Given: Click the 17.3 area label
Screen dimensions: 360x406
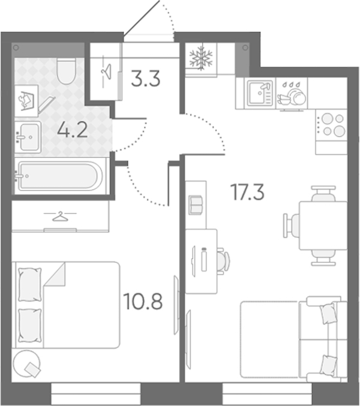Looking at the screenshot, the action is (248, 192).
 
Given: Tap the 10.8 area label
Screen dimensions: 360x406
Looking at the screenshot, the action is (143, 301).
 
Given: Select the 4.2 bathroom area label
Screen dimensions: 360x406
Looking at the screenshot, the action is (73, 130).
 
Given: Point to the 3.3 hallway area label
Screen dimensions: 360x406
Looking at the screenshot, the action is (146, 78).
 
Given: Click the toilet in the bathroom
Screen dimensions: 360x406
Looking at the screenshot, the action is (67, 70).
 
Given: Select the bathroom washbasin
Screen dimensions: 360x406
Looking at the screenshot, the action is (28, 137).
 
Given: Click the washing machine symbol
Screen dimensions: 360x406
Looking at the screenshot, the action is (26, 101).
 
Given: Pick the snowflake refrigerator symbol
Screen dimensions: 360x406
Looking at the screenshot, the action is (201, 58).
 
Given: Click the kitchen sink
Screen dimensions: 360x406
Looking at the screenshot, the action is (260, 93).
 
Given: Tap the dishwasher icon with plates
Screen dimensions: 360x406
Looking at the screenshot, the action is (292, 93).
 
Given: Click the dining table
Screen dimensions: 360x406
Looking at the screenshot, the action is (323, 225).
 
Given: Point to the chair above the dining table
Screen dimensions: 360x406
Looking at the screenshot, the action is (323, 194).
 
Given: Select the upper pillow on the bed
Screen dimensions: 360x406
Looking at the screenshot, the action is (30, 285).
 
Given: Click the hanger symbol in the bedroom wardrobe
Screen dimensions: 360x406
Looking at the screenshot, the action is (60, 216).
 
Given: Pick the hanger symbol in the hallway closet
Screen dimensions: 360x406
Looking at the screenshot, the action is (106, 71).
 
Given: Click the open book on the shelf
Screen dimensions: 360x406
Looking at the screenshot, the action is (196, 205).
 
